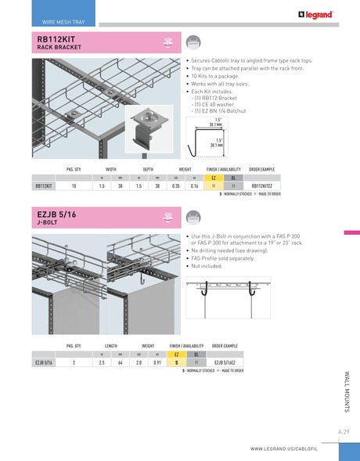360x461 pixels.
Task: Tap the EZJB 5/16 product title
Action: [56, 213]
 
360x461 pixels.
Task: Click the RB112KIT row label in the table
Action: [44, 186]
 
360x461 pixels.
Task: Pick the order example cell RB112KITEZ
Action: [261, 186]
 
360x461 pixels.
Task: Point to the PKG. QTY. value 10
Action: [74, 186]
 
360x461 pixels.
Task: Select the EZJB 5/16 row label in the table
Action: [44, 362]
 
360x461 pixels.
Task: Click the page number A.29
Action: [343, 431]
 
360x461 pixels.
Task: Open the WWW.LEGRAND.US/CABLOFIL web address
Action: [293, 449]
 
